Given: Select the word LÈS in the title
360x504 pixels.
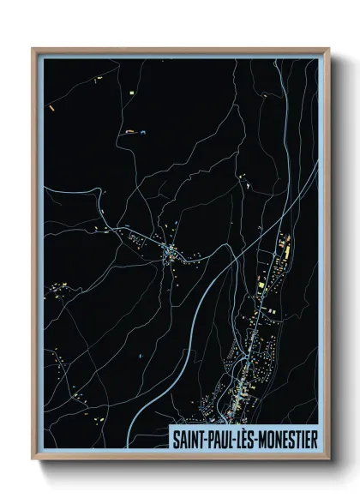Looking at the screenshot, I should pyautogui.click(x=252, y=437).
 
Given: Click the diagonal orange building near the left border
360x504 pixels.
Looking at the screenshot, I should pyautogui.click(x=51, y=108).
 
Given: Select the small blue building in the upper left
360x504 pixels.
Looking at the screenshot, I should pyautogui.click(x=141, y=131).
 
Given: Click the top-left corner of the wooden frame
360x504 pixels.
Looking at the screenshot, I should pyautogui.click(x=33, y=49).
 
